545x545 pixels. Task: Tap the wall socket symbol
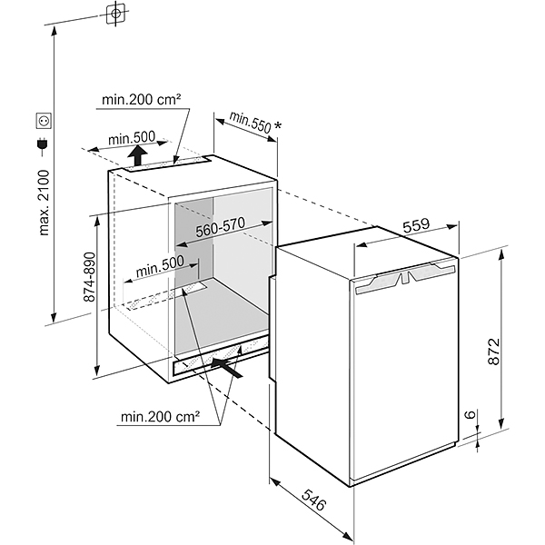[x=42, y=119]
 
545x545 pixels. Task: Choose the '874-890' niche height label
[x=88, y=276]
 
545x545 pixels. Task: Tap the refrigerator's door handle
[x=403, y=277]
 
